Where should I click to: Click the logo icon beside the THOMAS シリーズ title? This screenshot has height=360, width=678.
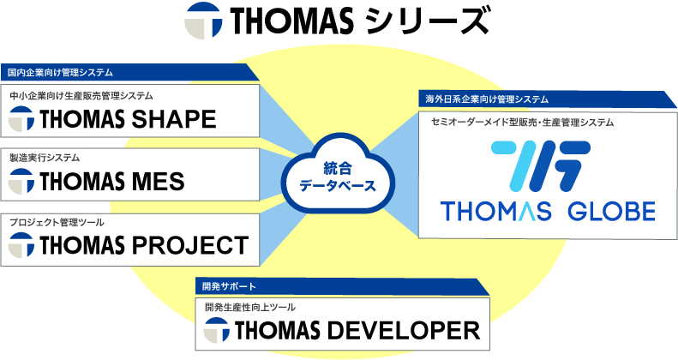[203, 21]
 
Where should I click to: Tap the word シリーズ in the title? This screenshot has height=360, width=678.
[426, 21]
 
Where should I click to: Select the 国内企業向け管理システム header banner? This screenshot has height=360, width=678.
[129, 72]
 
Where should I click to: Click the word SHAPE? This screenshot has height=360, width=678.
[174, 119]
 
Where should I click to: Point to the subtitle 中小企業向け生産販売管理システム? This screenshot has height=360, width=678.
[81, 95]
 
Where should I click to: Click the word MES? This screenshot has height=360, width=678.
[159, 182]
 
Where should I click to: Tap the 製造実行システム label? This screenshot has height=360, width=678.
[45, 158]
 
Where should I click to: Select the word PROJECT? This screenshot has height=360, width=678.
[190, 245]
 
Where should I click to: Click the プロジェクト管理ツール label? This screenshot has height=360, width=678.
[57, 222]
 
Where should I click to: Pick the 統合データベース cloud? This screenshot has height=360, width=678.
[338, 173]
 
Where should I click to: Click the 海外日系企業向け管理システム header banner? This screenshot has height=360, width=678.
[548, 99]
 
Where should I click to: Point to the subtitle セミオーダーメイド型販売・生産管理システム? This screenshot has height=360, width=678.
[522, 123]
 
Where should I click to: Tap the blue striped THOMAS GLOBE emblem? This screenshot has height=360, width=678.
[541, 166]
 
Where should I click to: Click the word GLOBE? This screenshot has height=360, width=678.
[611, 212]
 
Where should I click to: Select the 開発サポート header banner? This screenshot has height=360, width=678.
[343, 286]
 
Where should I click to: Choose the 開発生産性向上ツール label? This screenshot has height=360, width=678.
[250, 307]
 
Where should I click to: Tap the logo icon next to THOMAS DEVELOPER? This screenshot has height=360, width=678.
[216, 330]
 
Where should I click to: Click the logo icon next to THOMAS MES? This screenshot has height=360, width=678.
[21, 181]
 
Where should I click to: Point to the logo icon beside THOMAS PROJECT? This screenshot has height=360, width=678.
[21, 245]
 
